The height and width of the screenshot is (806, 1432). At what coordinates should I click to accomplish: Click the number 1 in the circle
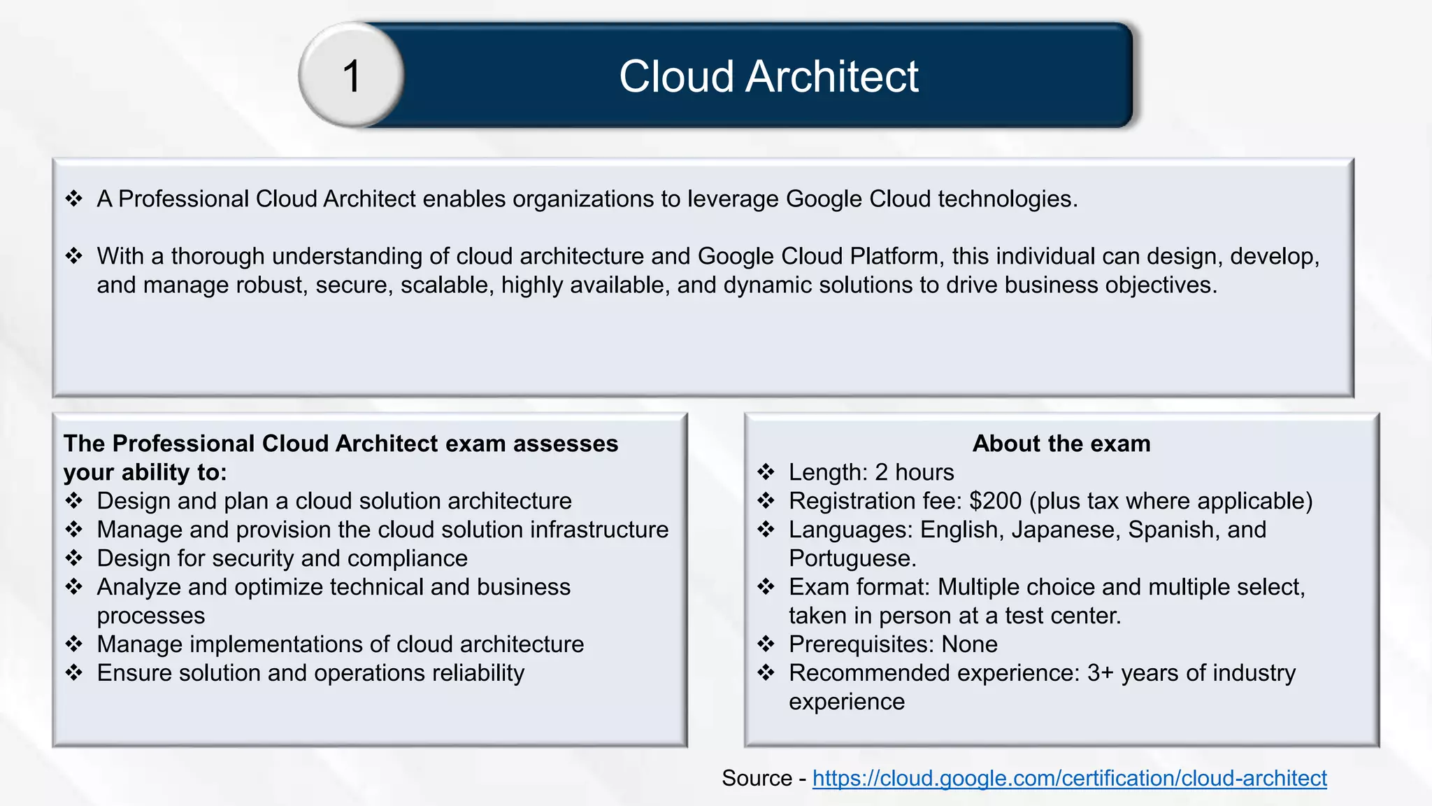352,76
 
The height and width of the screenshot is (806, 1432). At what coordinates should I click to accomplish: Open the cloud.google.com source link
1069,778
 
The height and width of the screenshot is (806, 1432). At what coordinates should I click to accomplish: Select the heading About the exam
1061,444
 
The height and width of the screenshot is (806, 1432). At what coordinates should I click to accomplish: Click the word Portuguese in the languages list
851,558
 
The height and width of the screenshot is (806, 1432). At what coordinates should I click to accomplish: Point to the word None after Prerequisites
969,644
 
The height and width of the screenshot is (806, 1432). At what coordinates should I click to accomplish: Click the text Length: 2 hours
871,472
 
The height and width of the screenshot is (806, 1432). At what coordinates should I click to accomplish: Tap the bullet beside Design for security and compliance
74,558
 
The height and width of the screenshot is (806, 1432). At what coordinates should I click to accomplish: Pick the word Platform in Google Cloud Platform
894,256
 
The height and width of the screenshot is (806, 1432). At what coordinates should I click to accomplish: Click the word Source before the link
757,778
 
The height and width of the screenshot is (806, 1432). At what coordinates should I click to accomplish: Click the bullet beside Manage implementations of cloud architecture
74,644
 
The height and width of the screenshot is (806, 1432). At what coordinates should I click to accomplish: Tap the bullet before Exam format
766,587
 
